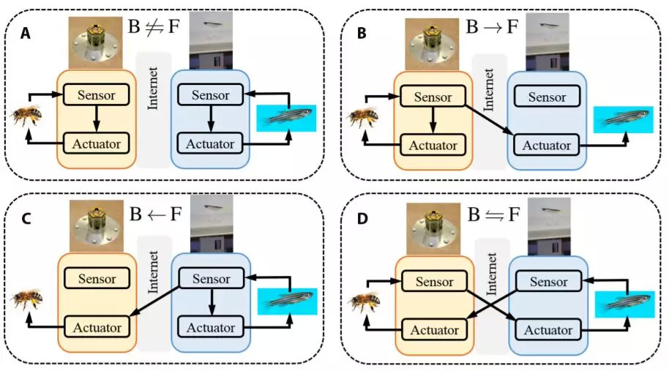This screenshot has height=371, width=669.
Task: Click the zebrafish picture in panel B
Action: point(622,120)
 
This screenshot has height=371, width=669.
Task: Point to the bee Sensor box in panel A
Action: point(95,94)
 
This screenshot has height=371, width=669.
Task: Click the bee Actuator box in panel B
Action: point(432,145)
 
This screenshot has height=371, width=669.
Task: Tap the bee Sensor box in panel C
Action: point(97,279)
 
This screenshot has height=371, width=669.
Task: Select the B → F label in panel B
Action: point(492,29)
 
